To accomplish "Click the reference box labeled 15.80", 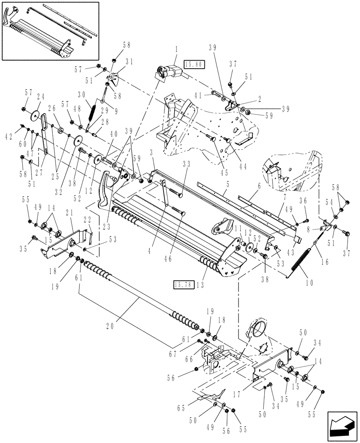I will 193,65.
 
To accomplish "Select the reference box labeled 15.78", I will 182,284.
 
